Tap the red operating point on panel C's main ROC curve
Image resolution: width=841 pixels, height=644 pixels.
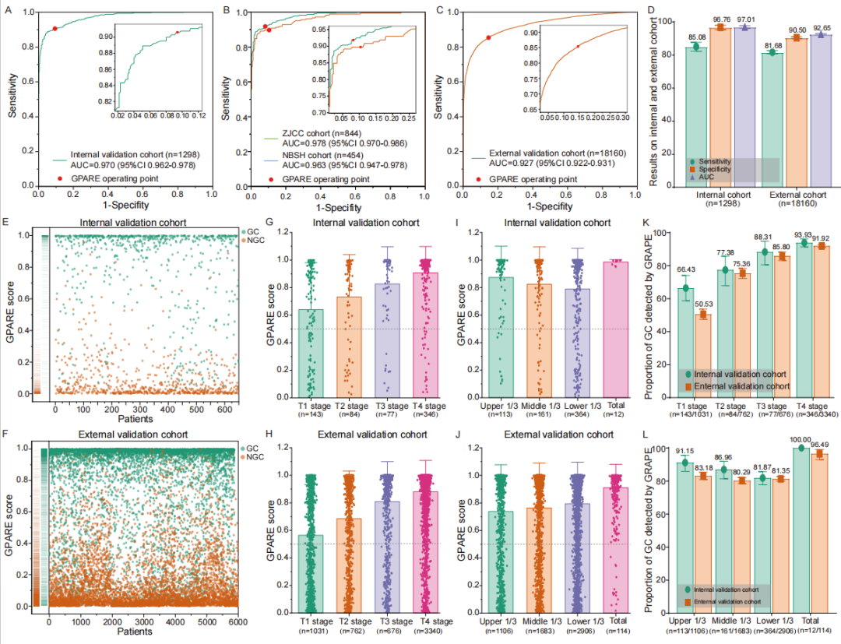click(488, 37)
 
